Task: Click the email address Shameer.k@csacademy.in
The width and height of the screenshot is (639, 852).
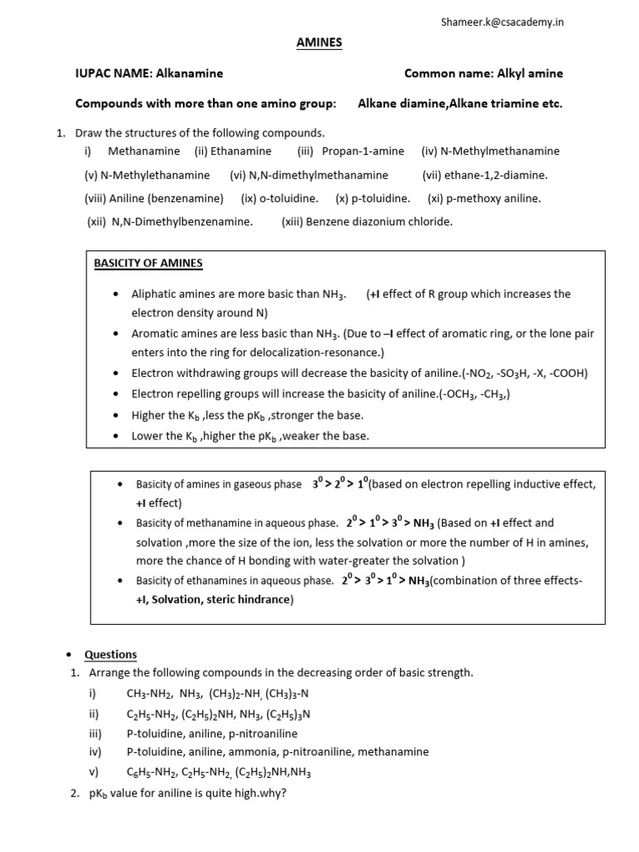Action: point(502,22)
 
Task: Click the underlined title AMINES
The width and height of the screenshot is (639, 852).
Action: point(319,43)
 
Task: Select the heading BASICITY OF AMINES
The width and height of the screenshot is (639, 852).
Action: point(148,263)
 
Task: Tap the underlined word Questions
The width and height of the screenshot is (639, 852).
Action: point(111,654)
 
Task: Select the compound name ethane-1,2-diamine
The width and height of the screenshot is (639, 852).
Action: point(498,175)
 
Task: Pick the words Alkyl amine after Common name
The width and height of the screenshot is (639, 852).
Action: point(530,73)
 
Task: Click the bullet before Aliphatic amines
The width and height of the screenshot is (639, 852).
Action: point(115,294)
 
